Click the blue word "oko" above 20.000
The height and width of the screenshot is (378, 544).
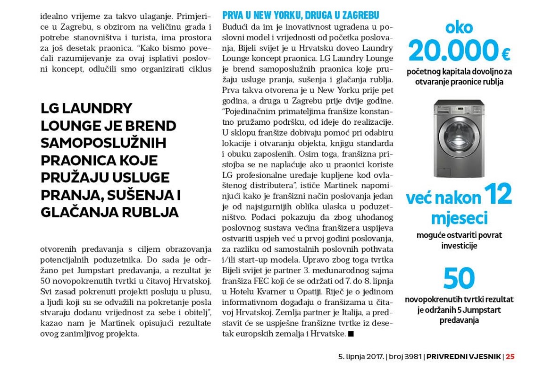[459, 27]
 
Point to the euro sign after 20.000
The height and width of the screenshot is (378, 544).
[506, 55]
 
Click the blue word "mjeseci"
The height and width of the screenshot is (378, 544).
[459, 219]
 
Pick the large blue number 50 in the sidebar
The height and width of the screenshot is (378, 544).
[459, 278]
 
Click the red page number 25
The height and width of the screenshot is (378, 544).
[510, 357]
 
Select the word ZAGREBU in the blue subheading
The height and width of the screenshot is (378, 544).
[358, 16]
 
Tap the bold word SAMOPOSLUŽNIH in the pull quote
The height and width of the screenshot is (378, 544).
[103, 143]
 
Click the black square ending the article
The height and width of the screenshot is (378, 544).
[350, 334]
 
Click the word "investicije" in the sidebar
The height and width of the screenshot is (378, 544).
[459, 246]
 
